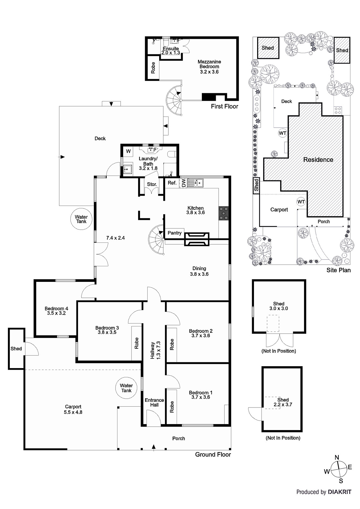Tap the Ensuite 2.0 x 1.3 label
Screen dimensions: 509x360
tap(171, 51)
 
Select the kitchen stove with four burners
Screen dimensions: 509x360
tap(223, 213)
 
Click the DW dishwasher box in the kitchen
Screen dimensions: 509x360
tap(183, 183)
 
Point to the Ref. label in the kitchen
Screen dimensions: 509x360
tap(172, 183)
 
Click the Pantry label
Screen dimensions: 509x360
tap(174, 233)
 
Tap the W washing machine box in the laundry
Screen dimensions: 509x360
tap(128, 151)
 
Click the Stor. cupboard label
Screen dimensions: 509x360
tap(152, 184)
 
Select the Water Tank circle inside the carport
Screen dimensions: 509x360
tap(126, 388)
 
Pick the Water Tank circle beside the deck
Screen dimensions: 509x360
tap(81, 219)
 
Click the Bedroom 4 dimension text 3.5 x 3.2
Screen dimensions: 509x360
tap(56, 313)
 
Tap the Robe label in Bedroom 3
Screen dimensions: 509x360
tap(137, 343)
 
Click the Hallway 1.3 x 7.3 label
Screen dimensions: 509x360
tap(155, 350)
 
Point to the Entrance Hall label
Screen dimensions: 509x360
tap(154, 402)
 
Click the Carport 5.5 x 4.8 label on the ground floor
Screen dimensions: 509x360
tap(74, 409)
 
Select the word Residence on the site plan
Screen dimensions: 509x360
tap(318, 160)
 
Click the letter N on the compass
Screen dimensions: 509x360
tap(337, 457)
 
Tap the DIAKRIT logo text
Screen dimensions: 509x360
tap(340, 492)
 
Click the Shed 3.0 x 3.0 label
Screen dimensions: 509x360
tap(279, 306)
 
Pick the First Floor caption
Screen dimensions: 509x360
tap(224, 106)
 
